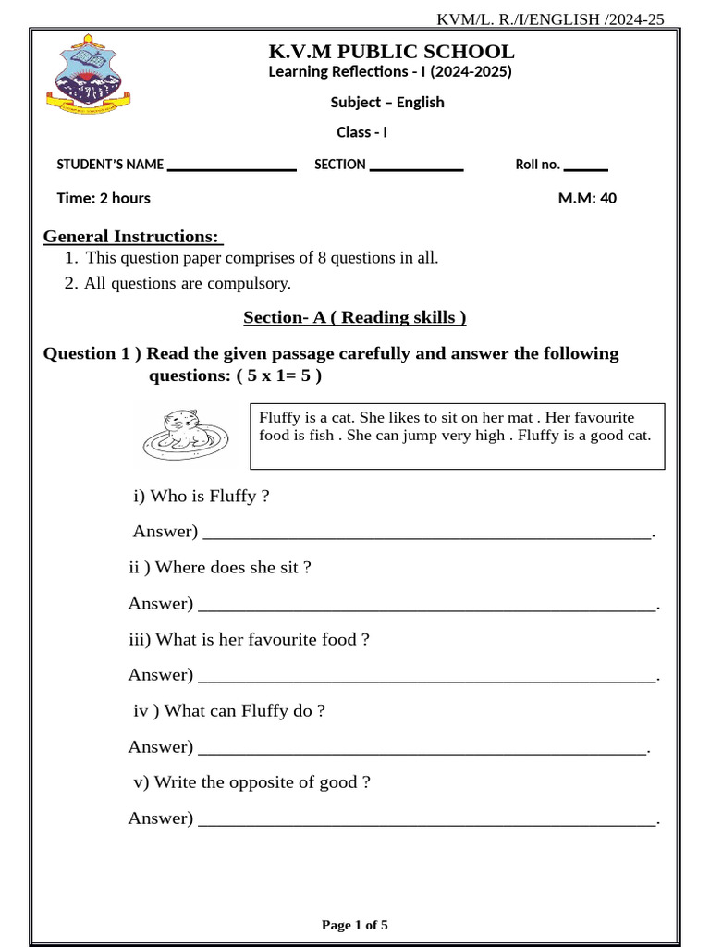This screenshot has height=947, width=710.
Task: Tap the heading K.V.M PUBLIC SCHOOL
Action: [x=391, y=51]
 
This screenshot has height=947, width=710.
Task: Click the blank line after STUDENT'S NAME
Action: [x=231, y=167]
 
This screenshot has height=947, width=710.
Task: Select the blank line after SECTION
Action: [x=415, y=167]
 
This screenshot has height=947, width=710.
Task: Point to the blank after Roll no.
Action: [x=585, y=167]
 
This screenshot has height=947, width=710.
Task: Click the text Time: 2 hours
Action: [x=104, y=198]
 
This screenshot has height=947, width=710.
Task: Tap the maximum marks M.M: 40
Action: [x=587, y=198]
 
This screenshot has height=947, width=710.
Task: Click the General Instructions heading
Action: [x=133, y=237]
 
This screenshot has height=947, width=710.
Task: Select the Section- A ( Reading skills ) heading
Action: [x=354, y=318]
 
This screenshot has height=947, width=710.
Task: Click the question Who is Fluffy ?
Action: [x=202, y=497]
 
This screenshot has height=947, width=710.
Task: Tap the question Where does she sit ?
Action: [x=220, y=568]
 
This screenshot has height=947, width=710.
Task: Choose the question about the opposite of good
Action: [x=251, y=782]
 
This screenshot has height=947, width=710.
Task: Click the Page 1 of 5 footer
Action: [x=354, y=925]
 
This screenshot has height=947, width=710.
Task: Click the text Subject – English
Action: [x=387, y=103]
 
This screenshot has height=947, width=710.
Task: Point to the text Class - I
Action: [x=361, y=132]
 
